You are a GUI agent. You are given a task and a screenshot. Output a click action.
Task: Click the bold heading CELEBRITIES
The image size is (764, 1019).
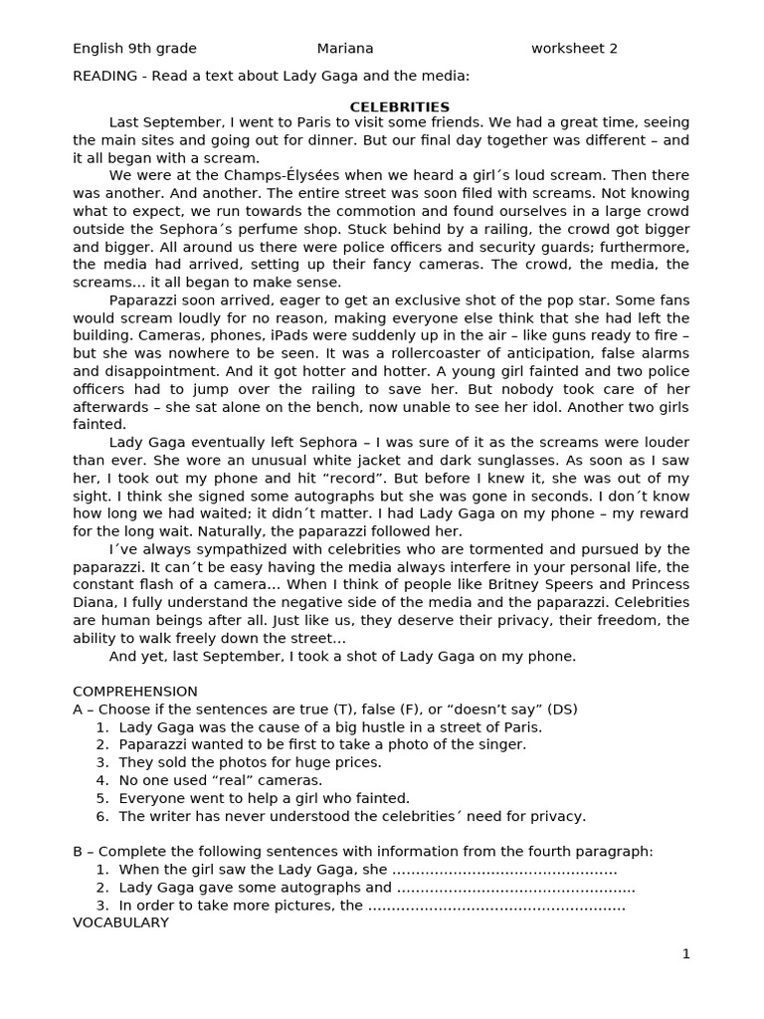[399, 106]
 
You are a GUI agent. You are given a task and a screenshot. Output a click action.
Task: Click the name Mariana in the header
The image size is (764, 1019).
[345, 49]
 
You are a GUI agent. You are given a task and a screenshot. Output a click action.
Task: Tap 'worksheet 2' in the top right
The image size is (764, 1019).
[574, 49]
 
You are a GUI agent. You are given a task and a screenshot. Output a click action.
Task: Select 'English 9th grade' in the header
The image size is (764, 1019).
[134, 49]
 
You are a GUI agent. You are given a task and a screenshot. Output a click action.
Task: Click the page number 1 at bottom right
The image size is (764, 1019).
[685, 953]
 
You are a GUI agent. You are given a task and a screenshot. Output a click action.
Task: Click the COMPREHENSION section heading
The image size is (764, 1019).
[135, 692]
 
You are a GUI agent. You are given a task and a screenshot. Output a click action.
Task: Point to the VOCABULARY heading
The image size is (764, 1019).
[120, 922]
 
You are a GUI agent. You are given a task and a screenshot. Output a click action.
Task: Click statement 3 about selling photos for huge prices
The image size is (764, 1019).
[250, 762]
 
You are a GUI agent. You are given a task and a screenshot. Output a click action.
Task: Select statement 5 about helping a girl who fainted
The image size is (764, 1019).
[264, 798]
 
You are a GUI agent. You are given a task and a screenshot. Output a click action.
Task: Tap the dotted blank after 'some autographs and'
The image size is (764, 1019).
[515, 888]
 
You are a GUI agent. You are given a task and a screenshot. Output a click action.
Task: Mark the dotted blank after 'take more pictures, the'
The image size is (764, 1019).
[496, 906]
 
